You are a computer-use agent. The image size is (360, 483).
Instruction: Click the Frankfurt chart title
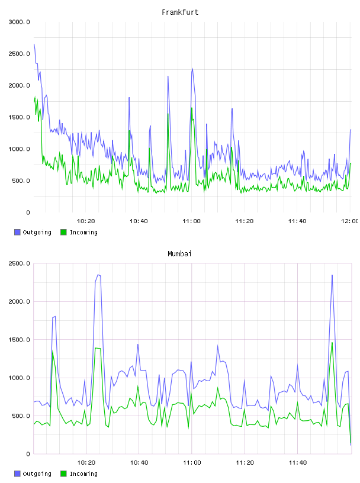(x=180, y=12)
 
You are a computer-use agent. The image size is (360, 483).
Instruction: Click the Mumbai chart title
(x=179, y=254)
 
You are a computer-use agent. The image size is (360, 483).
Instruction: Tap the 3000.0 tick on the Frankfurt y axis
(x=19, y=22)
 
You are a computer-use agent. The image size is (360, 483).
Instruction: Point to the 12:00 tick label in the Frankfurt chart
(x=350, y=221)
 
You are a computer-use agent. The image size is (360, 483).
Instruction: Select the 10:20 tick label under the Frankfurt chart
(x=86, y=221)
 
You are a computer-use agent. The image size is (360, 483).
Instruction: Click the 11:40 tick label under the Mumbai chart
(x=298, y=463)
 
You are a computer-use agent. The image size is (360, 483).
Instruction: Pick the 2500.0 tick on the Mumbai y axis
(x=19, y=263)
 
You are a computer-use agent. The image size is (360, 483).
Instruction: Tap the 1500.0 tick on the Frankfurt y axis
(x=19, y=117)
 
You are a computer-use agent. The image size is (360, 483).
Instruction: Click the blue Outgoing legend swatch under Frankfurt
(x=17, y=232)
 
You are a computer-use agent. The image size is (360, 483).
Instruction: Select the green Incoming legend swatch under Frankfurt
(x=63, y=232)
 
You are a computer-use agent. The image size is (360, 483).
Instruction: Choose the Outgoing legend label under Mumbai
(x=37, y=474)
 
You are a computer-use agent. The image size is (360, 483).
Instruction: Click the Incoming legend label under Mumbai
(x=83, y=474)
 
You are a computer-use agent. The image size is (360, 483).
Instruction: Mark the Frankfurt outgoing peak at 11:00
(x=192, y=69)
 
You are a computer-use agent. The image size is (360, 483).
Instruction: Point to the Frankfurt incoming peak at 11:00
(x=191, y=108)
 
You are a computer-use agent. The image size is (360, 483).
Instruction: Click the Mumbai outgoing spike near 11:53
(x=332, y=275)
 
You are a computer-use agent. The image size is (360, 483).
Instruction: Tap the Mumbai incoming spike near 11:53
(x=332, y=343)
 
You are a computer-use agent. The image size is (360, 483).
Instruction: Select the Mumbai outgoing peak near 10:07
(x=55, y=316)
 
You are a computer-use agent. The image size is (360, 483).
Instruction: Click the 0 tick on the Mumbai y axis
(x=28, y=454)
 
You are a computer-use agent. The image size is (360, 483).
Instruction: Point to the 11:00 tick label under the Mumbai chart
(x=192, y=463)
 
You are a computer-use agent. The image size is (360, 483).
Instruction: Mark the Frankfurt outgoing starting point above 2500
(x=34, y=44)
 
